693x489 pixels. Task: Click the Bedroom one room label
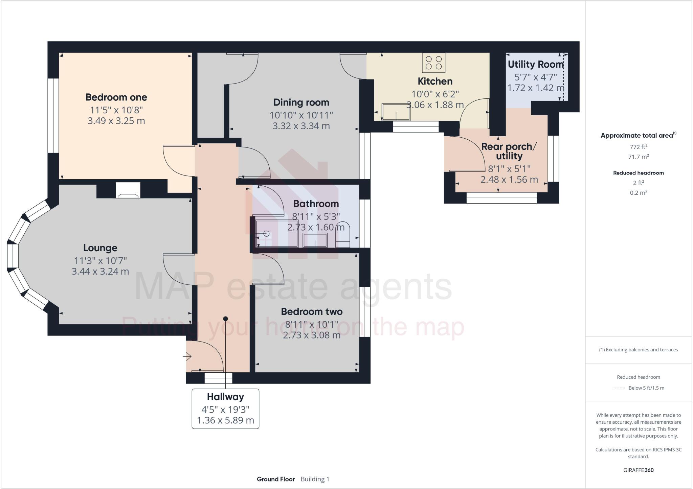116,97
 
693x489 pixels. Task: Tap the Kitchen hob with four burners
433,63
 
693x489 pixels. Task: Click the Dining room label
301,102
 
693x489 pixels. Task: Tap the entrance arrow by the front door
187,356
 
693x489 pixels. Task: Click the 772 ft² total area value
638,147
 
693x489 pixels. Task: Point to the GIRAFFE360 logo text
638,470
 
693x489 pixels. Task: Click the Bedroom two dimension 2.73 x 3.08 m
312,335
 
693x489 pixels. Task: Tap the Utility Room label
535,64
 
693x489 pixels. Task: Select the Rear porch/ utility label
509,151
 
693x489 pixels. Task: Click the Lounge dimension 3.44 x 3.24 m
100,272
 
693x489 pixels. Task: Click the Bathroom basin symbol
315,240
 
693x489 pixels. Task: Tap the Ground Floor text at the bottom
275,479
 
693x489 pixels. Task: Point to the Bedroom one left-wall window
53,115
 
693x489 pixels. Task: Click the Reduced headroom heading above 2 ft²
638,173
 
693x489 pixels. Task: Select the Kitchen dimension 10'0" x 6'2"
435,94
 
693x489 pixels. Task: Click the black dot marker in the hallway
225,319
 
